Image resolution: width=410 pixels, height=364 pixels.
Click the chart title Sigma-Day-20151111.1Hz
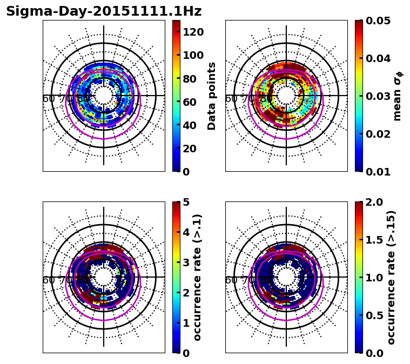pyautogui.click(x=104, y=11)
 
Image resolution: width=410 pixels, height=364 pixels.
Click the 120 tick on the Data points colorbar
pyautogui.click(x=193, y=32)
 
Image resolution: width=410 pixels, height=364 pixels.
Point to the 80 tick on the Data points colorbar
pyautogui.click(x=190, y=78)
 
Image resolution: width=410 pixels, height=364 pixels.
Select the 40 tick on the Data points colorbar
pyautogui.click(x=190, y=125)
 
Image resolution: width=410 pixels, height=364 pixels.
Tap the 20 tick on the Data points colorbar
pyautogui.click(x=190, y=149)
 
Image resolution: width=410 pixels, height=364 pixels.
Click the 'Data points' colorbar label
pyautogui.click(x=212, y=96)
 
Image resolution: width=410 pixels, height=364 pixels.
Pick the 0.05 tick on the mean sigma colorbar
pyautogui.click(x=379, y=21)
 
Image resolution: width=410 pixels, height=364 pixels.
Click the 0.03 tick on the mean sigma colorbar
pyautogui.click(x=379, y=96)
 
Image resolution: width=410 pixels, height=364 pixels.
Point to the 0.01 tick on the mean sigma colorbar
pyautogui.click(x=379, y=172)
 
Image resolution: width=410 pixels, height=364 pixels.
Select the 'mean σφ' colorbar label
pyautogui.click(x=398, y=96)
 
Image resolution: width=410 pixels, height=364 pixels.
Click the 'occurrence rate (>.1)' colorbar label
pyautogui.click(x=198, y=278)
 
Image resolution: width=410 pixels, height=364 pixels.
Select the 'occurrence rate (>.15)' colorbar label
pyautogui.click(x=392, y=278)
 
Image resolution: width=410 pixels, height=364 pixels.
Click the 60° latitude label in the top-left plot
pyautogui.click(x=49, y=99)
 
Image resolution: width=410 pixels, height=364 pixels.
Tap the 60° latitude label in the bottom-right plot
pyautogui.click(x=231, y=280)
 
